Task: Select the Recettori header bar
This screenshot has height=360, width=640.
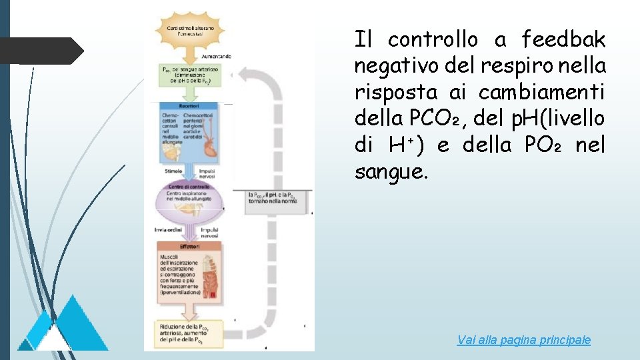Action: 190,106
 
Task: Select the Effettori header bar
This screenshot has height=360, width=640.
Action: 190,246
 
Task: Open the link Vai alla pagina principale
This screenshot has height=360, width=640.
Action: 523,340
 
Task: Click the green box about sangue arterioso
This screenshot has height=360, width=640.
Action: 190,75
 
